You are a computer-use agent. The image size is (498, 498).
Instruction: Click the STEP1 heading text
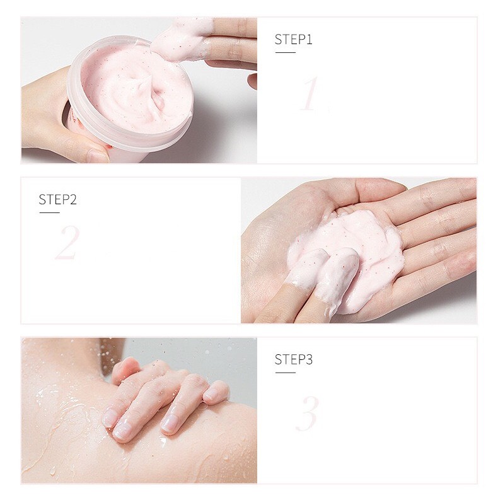(x=294, y=39)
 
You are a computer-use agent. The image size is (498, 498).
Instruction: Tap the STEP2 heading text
(x=58, y=199)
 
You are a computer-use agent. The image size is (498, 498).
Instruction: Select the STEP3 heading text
(x=294, y=359)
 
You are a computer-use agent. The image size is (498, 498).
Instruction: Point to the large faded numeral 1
(x=310, y=94)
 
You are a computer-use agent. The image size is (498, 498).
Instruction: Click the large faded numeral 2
(x=67, y=242)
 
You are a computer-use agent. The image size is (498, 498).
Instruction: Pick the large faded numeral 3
(x=308, y=414)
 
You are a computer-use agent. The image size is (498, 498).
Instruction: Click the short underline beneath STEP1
(x=285, y=52)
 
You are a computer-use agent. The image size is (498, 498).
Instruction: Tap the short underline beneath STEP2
(x=50, y=212)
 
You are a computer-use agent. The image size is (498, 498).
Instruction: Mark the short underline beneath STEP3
(x=285, y=373)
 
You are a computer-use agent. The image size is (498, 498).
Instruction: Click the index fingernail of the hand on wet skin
(x=110, y=417)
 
